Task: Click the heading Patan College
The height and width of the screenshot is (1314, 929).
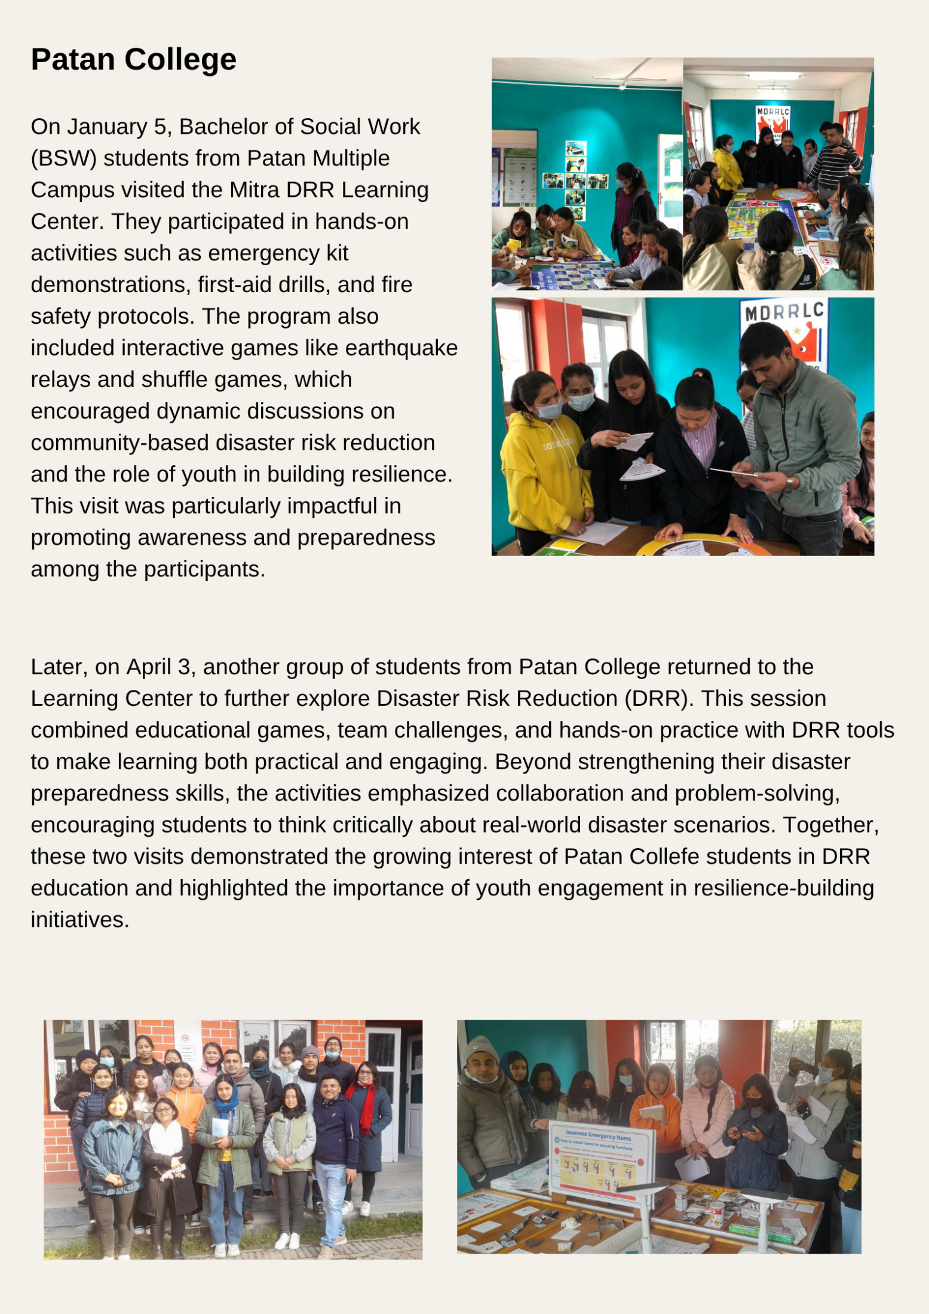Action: tap(133, 60)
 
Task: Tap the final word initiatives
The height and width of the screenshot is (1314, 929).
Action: tap(79, 920)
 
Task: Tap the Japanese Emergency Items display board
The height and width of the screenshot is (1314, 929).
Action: tap(600, 1158)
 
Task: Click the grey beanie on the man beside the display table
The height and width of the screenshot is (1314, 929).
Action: tap(481, 1049)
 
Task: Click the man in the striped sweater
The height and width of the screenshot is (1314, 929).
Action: tap(833, 158)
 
